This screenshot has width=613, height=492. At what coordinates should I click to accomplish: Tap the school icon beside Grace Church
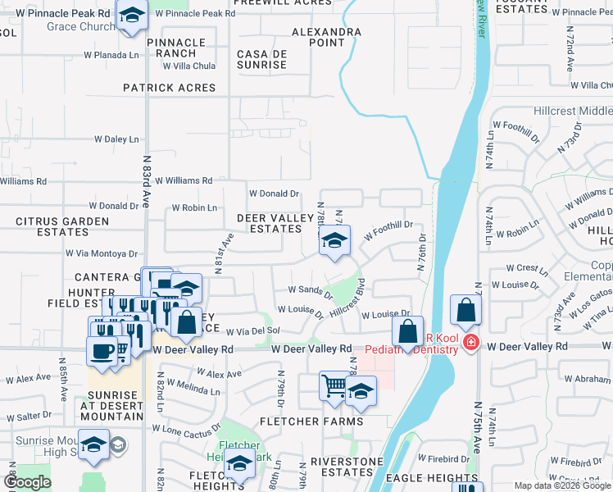pyautogui.click(x=131, y=16)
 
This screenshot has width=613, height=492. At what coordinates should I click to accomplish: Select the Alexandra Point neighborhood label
pyautogui.click(x=327, y=37)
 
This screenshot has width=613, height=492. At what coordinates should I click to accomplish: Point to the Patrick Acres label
pyautogui.click(x=170, y=88)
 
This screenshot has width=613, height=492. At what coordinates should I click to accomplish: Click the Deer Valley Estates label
pyautogui.click(x=270, y=223)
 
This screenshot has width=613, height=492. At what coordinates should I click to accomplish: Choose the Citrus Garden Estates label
pyautogui.click(x=62, y=227)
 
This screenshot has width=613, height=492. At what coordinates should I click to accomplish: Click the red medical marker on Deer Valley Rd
pyautogui.click(x=470, y=342)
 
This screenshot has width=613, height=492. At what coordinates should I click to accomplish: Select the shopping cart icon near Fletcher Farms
pyautogui.click(x=334, y=385)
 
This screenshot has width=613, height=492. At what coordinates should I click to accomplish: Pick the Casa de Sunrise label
pyautogui.click(x=261, y=59)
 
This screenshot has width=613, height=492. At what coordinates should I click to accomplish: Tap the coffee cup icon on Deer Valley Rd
pyautogui.click(x=102, y=351)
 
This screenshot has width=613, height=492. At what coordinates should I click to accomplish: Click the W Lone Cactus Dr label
pyautogui.click(x=186, y=429)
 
